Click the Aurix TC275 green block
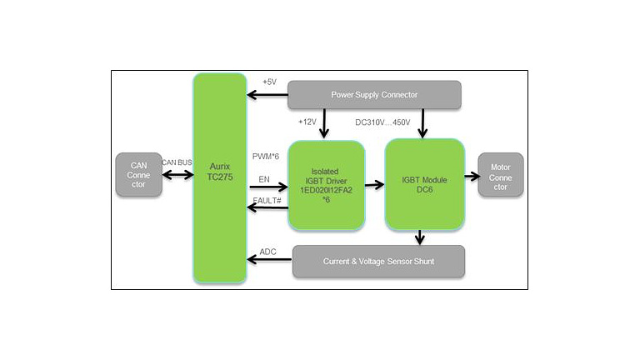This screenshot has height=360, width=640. point(220,177)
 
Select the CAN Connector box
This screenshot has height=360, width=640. point(138,174)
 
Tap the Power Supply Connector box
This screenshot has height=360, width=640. point(374,94)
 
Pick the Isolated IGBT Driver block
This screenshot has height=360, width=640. point(327,185)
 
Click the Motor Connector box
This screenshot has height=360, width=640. point(500,175)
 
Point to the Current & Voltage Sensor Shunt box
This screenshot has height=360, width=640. point(377,262)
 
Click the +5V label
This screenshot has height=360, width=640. point(269,82)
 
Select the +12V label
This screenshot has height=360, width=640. point(308,122)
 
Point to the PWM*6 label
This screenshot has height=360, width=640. point(267,156)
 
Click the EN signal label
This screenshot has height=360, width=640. point(264,178)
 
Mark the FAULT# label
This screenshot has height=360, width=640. point(267,200)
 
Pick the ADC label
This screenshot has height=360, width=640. point(268,251)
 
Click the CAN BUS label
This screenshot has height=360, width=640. point(177,162)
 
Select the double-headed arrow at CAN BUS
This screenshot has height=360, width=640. point(177,175)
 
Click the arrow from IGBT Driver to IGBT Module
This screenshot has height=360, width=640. point(375,185)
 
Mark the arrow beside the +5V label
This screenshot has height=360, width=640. point(267,94)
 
